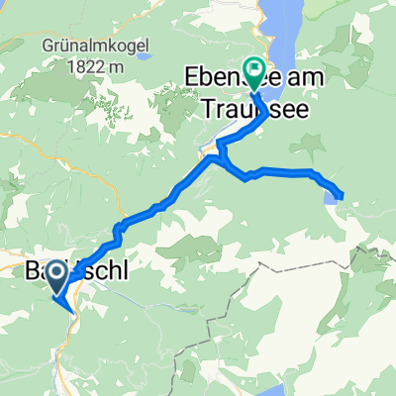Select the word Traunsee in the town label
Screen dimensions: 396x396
coord(281,105)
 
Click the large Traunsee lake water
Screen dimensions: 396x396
coord(297,40)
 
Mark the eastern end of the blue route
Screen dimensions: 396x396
coord(343,195)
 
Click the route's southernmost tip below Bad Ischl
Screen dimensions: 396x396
coord(74,311)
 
